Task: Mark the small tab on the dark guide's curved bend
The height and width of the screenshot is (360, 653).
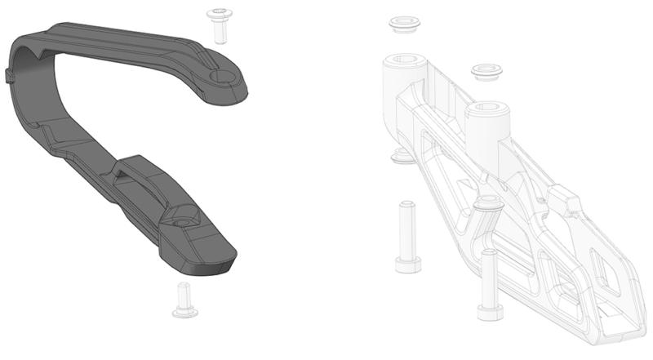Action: point(10,75)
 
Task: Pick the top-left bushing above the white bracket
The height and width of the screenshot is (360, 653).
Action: point(403,24)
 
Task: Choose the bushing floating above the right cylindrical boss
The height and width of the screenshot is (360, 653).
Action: point(487,73)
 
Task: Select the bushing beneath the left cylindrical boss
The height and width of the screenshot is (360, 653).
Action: point(401,155)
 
